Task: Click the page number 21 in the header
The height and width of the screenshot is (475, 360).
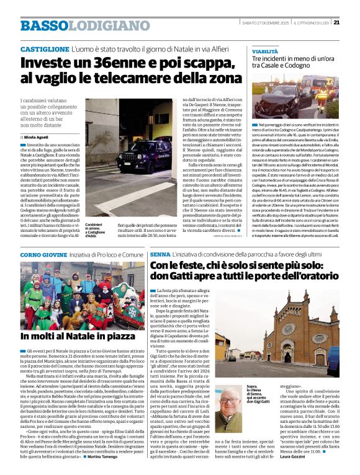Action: tap(353, 23)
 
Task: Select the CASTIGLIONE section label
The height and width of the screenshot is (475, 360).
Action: tap(45, 48)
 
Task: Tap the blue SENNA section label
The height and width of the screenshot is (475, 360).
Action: tap(160, 255)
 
